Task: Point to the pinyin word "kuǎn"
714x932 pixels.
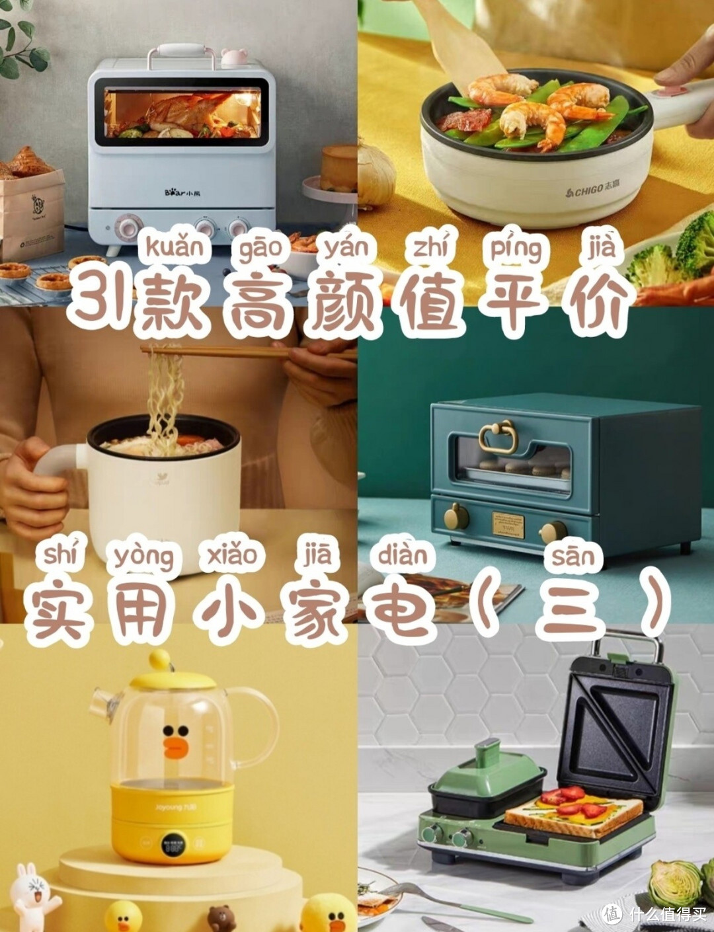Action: tap(174, 248)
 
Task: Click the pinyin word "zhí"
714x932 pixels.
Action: tap(430, 248)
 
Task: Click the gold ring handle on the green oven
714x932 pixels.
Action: tap(497, 436)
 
